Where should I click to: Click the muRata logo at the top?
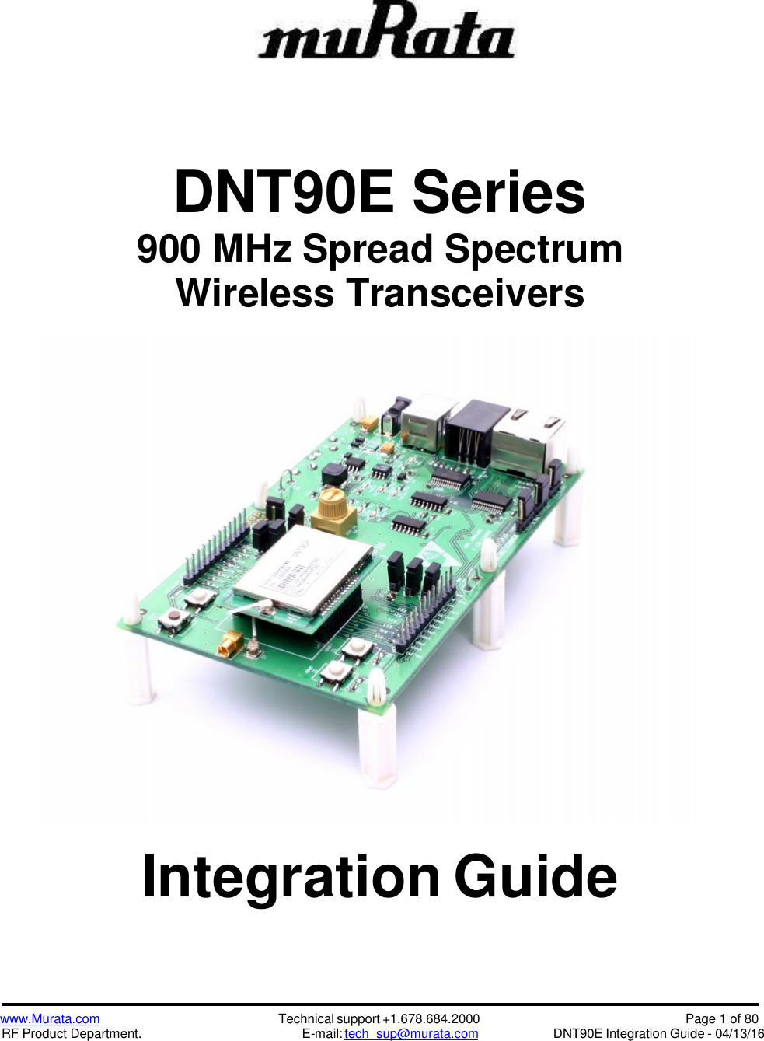pos(386,32)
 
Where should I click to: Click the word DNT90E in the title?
pos(284,193)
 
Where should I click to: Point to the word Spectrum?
pos(533,250)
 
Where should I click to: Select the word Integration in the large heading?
pos(291,877)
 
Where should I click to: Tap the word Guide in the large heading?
pos(535,877)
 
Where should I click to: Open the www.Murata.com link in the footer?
pos(51,1019)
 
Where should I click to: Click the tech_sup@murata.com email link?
pos(411,1034)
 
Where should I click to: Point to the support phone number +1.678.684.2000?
pos(431,1019)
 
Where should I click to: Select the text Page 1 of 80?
pos(721,1019)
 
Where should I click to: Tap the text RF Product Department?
pos(72,1034)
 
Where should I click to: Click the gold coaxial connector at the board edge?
pos(230,645)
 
